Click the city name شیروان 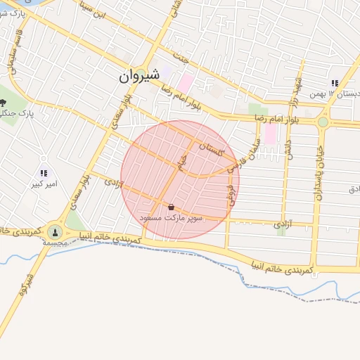pyautogui.click(x=135, y=77)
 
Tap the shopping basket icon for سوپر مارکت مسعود pyautogui.click(x=171, y=207)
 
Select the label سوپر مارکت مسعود pyautogui.click(x=172, y=218)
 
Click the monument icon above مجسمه pyautogui.click(x=55, y=231)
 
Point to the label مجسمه pyautogui.click(x=55, y=242)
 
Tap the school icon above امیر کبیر pyautogui.click(x=44, y=173)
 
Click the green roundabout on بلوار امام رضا pyautogui.click(x=323, y=122)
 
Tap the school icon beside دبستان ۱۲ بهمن pyautogui.click(x=335, y=82)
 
